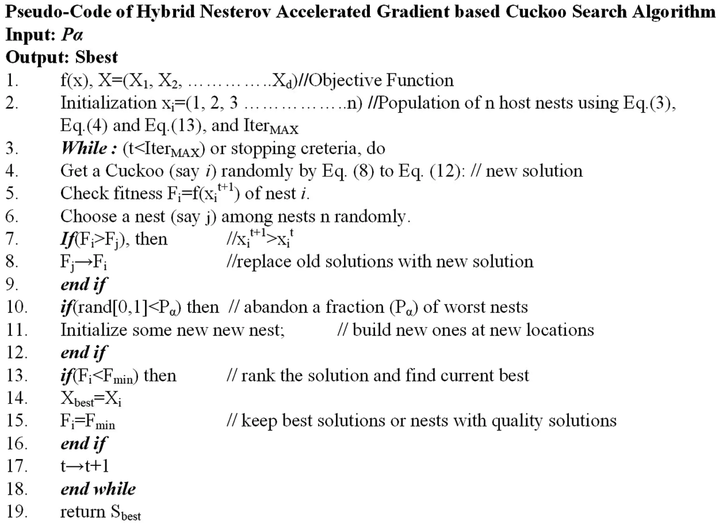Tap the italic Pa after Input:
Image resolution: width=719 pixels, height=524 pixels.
coord(72,35)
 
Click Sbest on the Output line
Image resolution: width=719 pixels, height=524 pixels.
coord(96,58)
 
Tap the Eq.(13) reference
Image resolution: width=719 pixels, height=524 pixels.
coord(173,126)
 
